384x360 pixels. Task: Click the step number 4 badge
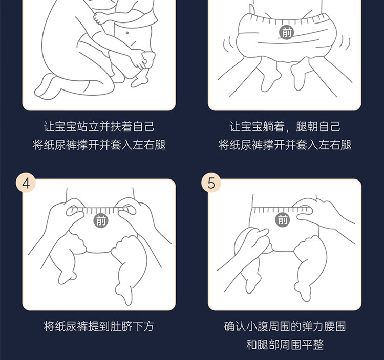click(26, 183)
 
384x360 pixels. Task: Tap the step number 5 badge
click(211, 183)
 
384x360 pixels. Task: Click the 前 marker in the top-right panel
click(287, 32)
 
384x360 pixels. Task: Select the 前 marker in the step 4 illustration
click(101, 220)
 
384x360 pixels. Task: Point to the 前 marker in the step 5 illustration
click(283, 219)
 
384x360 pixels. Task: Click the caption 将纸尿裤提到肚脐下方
click(99, 326)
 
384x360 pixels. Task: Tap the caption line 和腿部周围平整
click(285, 345)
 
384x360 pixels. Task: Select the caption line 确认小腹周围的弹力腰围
click(285, 326)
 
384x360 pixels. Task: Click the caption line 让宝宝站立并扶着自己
click(99, 126)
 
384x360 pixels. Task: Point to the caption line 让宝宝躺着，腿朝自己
click(285, 126)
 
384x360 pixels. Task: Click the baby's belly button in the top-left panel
click(127, 33)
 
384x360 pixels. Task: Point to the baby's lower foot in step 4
click(124, 293)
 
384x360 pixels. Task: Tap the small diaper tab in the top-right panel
click(251, 9)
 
